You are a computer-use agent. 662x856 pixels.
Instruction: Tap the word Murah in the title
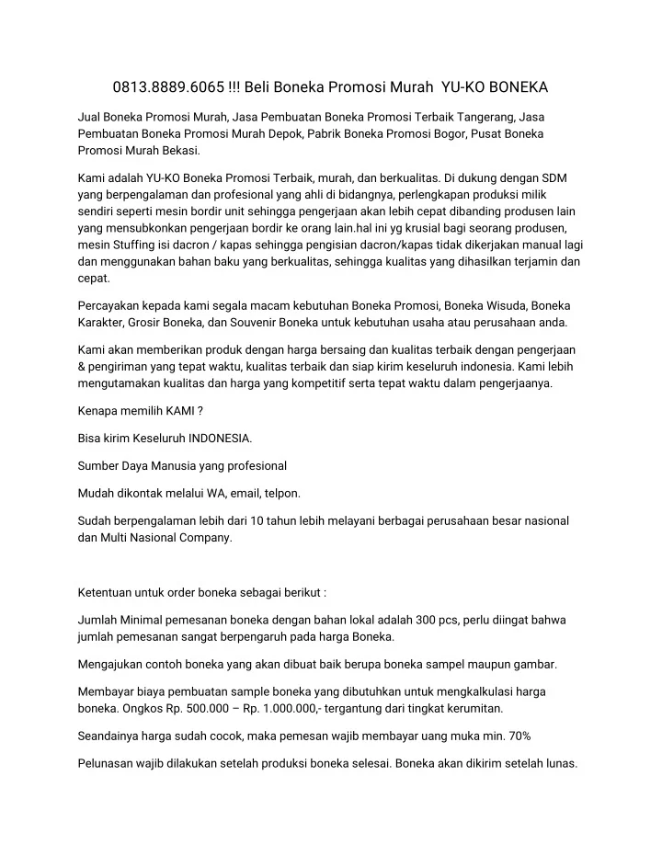coord(410,88)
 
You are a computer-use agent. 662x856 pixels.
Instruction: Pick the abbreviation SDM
coord(554,177)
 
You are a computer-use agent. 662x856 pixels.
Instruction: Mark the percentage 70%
coord(518,736)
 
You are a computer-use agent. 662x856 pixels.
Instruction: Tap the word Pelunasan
coord(108,762)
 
